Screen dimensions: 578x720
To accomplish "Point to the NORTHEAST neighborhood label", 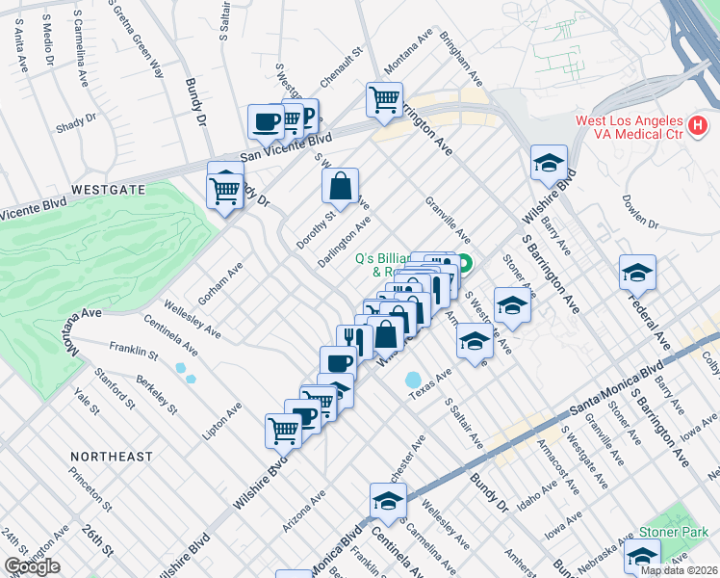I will (x=112, y=456).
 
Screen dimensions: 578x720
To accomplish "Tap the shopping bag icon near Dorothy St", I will (x=340, y=186).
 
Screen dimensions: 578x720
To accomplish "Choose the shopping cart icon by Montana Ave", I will (x=384, y=99).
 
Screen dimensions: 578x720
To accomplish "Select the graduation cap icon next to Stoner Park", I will (x=642, y=556).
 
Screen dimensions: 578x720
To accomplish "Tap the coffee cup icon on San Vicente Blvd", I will (x=266, y=121).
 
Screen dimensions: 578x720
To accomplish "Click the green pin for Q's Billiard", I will (x=464, y=262).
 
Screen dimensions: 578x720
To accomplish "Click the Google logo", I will (x=32, y=566).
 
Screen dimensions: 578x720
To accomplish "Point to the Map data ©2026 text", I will (x=680, y=570).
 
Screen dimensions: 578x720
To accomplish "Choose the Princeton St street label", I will (x=91, y=487).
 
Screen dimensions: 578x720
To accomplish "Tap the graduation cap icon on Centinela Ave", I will (x=388, y=500).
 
